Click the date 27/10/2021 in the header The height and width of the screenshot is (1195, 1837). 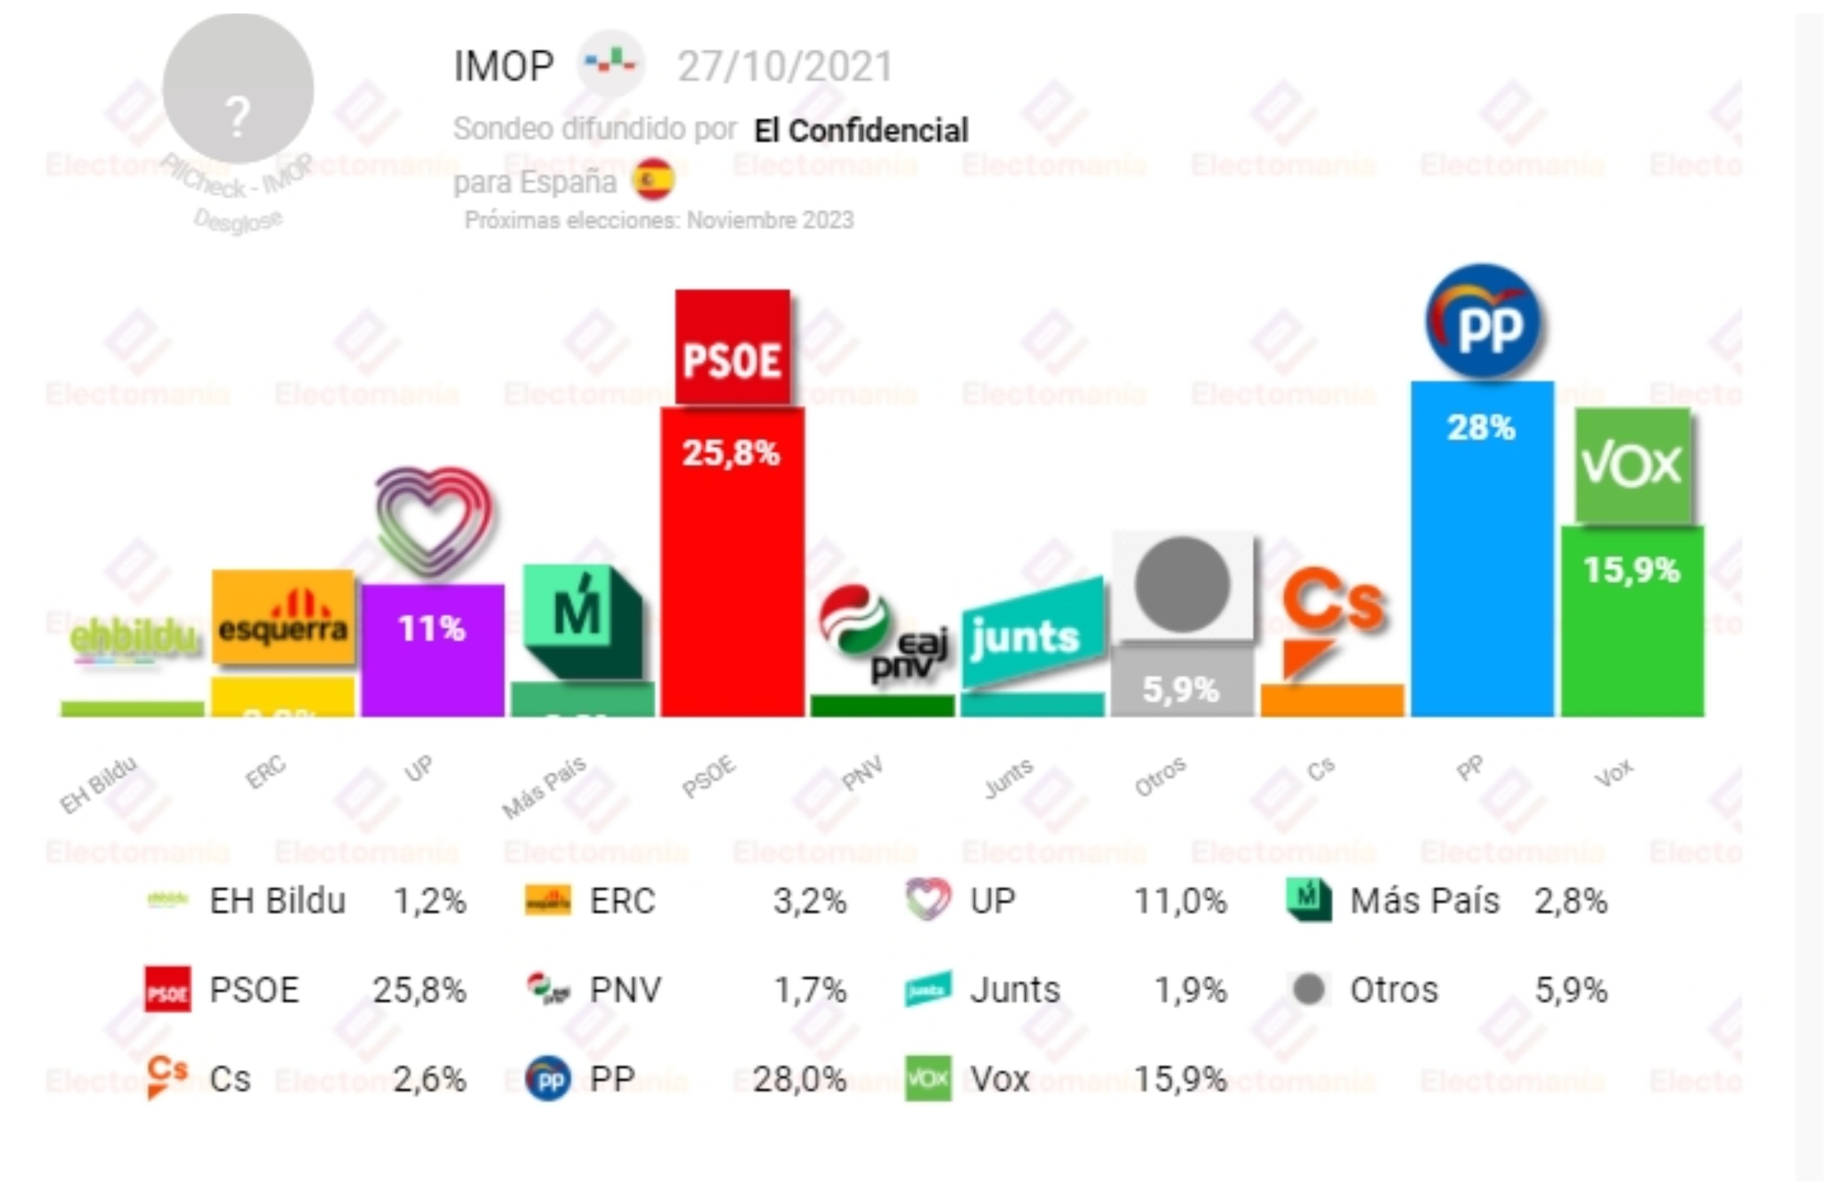[x=784, y=66]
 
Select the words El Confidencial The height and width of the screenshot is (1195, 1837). [x=861, y=131]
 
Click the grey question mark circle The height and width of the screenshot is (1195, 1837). [x=238, y=89]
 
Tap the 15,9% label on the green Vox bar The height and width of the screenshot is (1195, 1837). [x=1631, y=570]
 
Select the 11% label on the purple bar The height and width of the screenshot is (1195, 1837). [x=432, y=628]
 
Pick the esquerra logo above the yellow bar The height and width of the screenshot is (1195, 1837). [x=283, y=617]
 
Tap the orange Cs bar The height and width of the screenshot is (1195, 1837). [x=1332, y=700]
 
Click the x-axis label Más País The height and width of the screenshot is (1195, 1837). [x=544, y=787]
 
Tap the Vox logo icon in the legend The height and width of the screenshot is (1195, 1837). [x=927, y=1078]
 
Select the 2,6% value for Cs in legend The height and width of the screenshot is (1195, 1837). [x=429, y=1079]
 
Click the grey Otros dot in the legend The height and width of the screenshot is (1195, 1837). [x=1309, y=990]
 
